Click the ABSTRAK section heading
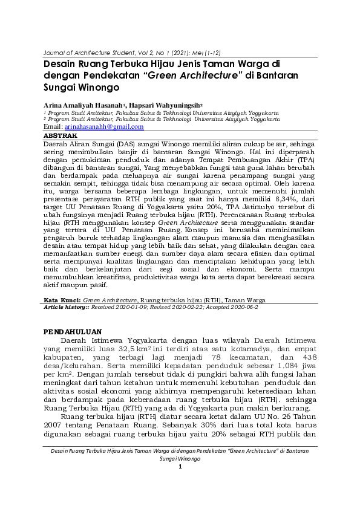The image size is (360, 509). click(x=61, y=137)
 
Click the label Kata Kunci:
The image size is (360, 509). click(x=63, y=299)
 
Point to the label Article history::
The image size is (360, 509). click(x=66, y=307)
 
